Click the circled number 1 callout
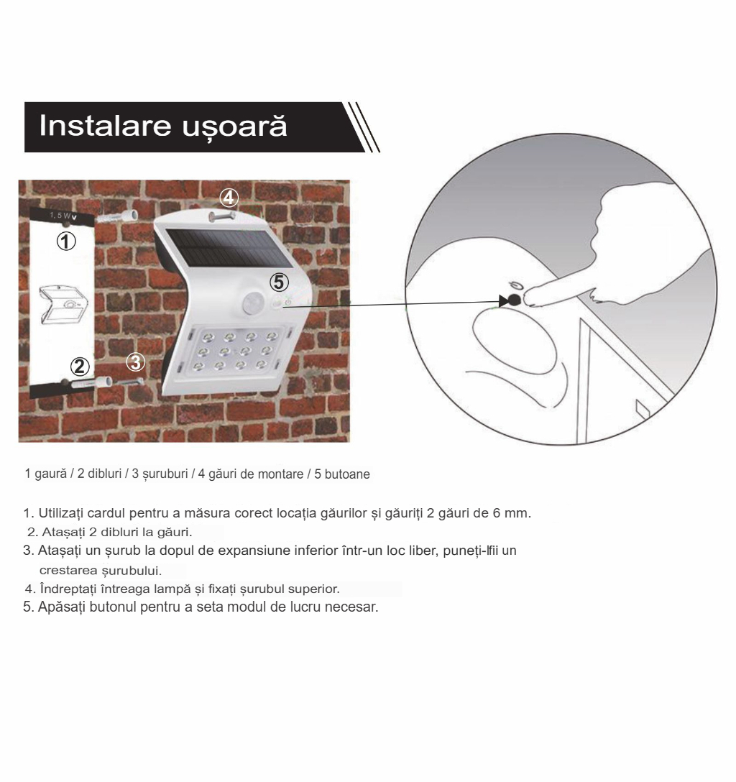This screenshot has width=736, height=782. coord(66,241)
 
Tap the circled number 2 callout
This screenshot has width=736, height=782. coord(79,367)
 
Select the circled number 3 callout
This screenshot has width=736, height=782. coord(135,362)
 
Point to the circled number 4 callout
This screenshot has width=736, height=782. coord(229,198)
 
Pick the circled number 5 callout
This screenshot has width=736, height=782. coord(280,282)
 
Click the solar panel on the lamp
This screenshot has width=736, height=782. coord(229,249)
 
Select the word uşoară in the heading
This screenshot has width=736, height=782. coord(234,127)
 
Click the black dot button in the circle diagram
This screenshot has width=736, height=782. coord(514,300)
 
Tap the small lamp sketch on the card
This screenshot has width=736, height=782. coord(64,305)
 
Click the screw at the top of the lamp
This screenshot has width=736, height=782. coord(222,216)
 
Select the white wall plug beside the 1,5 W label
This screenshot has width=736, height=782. coord(116,217)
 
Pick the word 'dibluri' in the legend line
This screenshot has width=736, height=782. coord(105,474)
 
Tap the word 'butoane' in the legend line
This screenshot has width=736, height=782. coord(347,474)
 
